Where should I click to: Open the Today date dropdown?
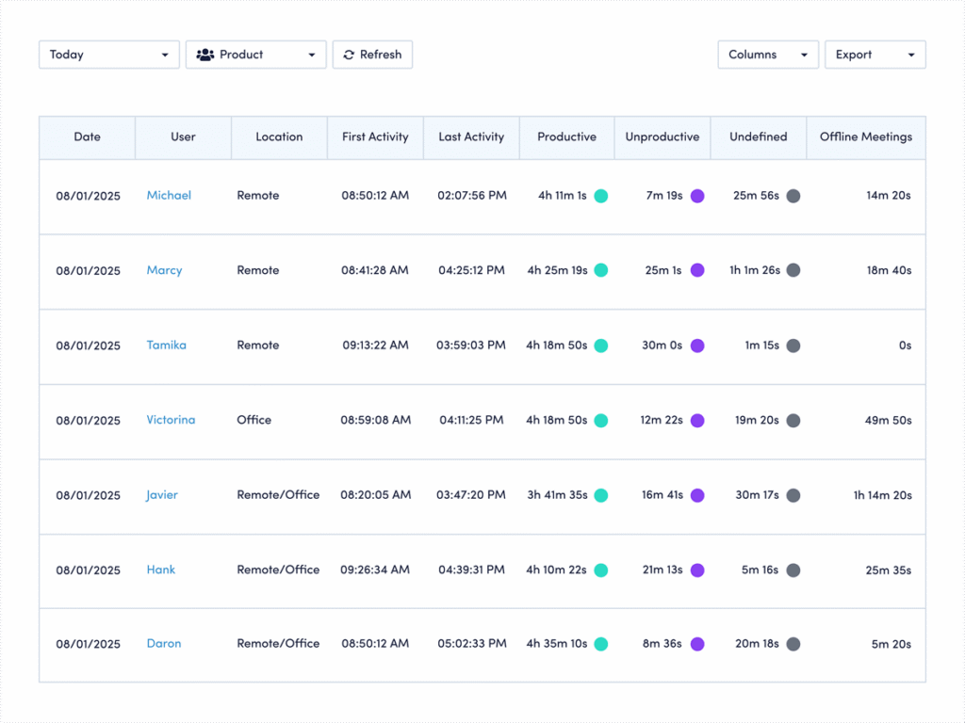tap(108, 55)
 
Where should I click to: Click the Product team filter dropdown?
tap(255, 55)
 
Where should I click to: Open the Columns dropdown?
tap(767, 55)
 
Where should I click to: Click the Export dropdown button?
tap(875, 55)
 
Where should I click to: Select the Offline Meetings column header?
tap(865, 137)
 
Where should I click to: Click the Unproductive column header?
tap(662, 137)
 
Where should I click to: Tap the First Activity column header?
tap(375, 137)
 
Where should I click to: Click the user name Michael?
tap(169, 196)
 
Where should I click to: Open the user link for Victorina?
tap(171, 420)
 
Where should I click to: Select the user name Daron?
tap(164, 644)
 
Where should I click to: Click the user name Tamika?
tap(166, 345)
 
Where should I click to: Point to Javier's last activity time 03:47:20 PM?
tap(471, 495)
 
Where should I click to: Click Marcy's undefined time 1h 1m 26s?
tap(754, 271)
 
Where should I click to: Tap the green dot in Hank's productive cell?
tap(600, 570)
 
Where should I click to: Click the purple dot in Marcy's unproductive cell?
tap(697, 271)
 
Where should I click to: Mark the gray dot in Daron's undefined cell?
tap(793, 645)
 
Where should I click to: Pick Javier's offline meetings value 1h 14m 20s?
tap(882, 495)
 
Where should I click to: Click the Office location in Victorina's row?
tap(254, 420)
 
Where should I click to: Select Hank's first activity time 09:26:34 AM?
tap(375, 570)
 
